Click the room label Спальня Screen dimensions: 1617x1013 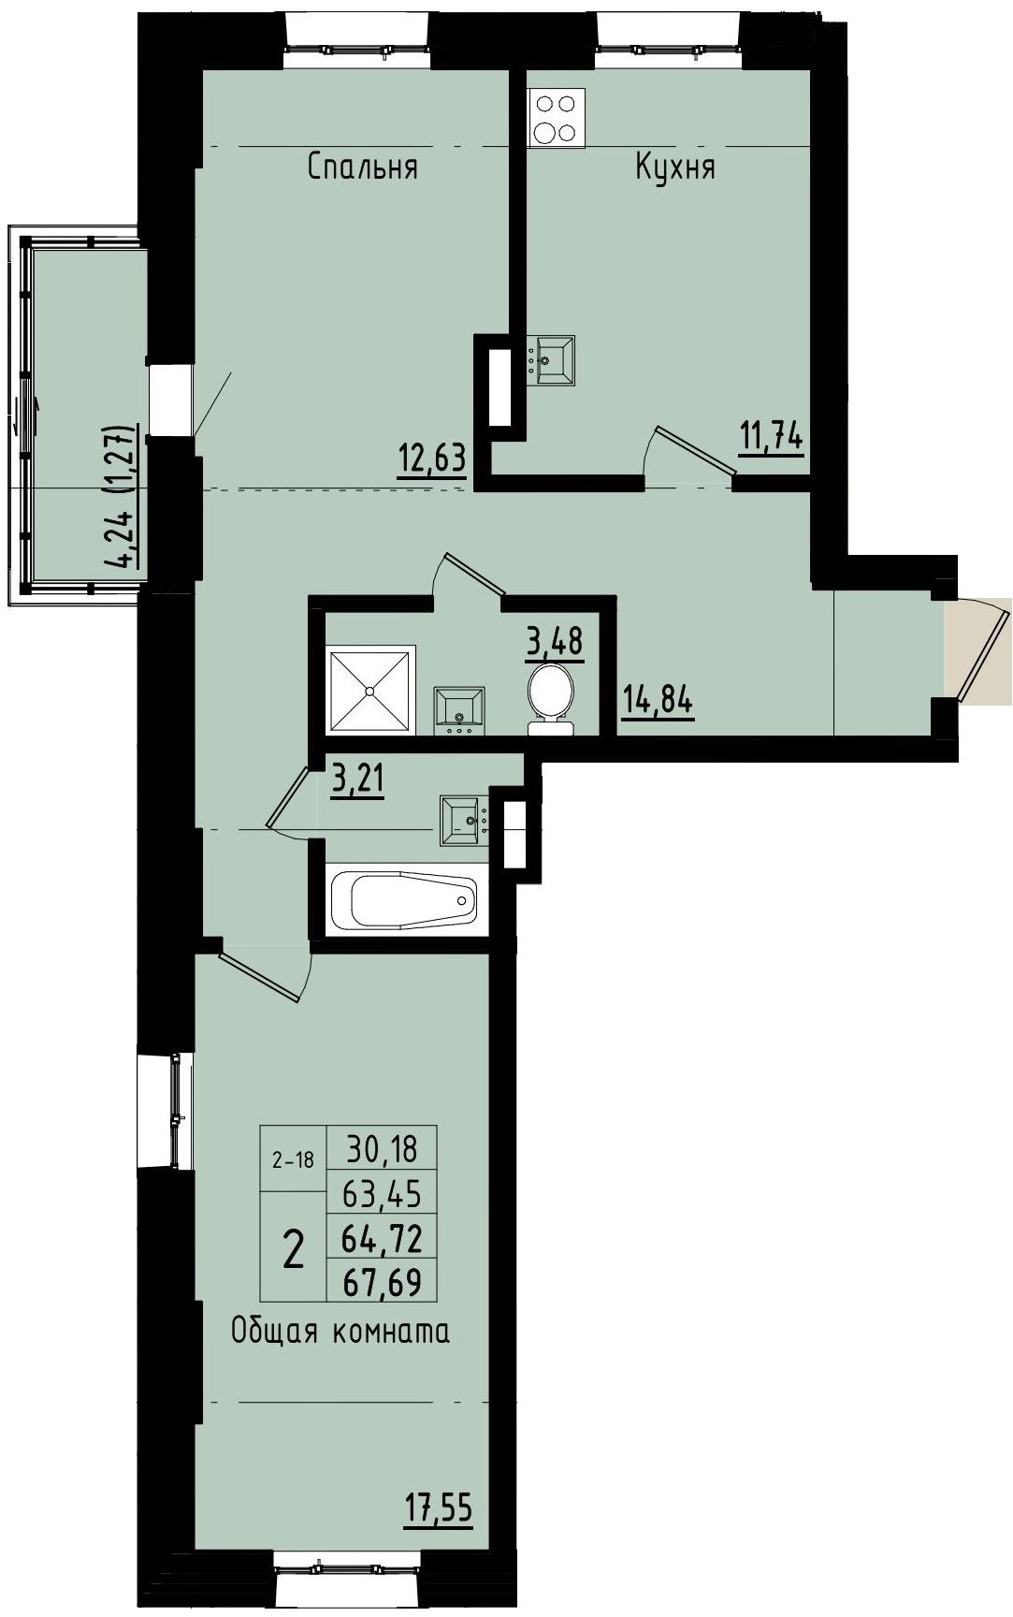pos(362,168)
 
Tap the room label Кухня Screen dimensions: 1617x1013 pos(675,168)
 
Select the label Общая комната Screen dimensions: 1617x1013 pos(340,1331)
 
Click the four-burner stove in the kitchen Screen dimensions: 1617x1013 pos(556,118)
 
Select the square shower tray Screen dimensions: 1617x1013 pos(370,691)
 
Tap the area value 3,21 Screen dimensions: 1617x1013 pos(358,778)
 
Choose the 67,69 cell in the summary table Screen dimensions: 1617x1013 pos(382,1282)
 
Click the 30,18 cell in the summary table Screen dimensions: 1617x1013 pos(381,1146)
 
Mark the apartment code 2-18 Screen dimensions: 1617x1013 pos(293,1160)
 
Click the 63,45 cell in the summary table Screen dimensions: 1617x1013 pos(382,1193)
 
